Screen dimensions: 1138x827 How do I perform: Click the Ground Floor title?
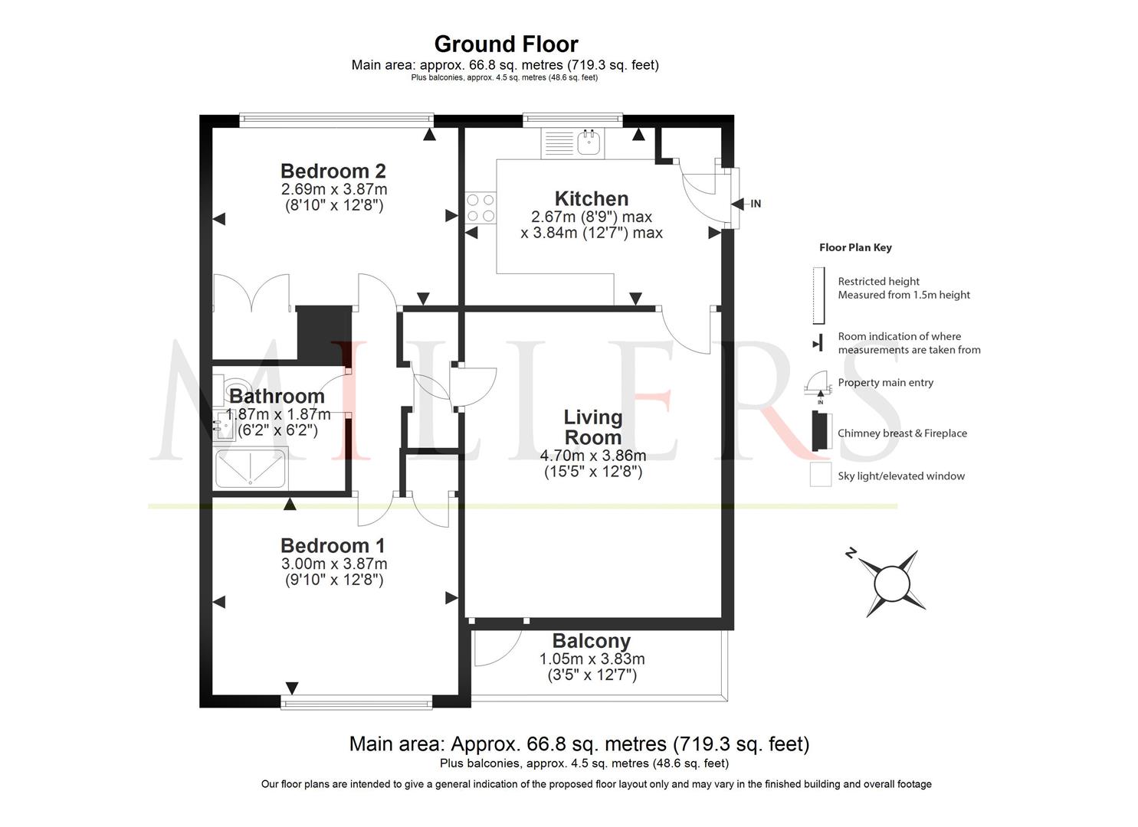pyautogui.click(x=506, y=44)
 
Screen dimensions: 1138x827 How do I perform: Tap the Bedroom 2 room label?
pyautogui.click(x=333, y=171)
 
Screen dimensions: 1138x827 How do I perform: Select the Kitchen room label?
pyautogui.click(x=592, y=198)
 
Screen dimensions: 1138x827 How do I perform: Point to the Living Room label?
pyautogui.click(x=593, y=427)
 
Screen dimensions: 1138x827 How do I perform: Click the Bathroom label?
pyautogui.click(x=277, y=396)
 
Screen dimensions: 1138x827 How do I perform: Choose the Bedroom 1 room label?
pyautogui.click(x=333, y=546)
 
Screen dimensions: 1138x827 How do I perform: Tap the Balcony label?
pyautogui.click(x=592, y=641)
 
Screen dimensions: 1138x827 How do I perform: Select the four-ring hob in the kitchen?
pyautogui.click(x=480, y=208)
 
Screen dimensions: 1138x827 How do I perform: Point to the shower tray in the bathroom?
pyautogui.click(x=251, y=468)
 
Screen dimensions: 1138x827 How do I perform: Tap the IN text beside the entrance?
pyautogui.click(x=756, y=204)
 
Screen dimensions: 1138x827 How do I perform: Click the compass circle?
pyautogui.click(x=891, y=583)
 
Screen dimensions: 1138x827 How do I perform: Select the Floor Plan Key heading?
pyautogui.click(x=855, y=248)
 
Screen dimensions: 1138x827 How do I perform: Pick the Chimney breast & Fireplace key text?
pyautogui.click(x=902, y=433)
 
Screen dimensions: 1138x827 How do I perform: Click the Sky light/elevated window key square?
pyautogui.click(x=821, y=475)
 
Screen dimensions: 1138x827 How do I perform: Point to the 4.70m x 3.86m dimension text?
pyautogui.click(x=593, y=456)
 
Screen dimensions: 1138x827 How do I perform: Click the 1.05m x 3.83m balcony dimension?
pyautogui.click(x=592, y=659)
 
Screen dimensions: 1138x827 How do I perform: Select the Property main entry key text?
pyautogui.click(x=886, y=383)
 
